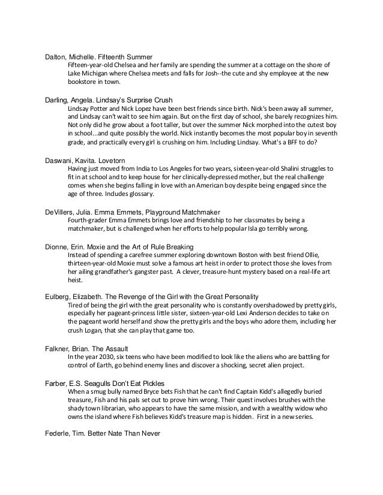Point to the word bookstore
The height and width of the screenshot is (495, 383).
coord(83,82)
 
